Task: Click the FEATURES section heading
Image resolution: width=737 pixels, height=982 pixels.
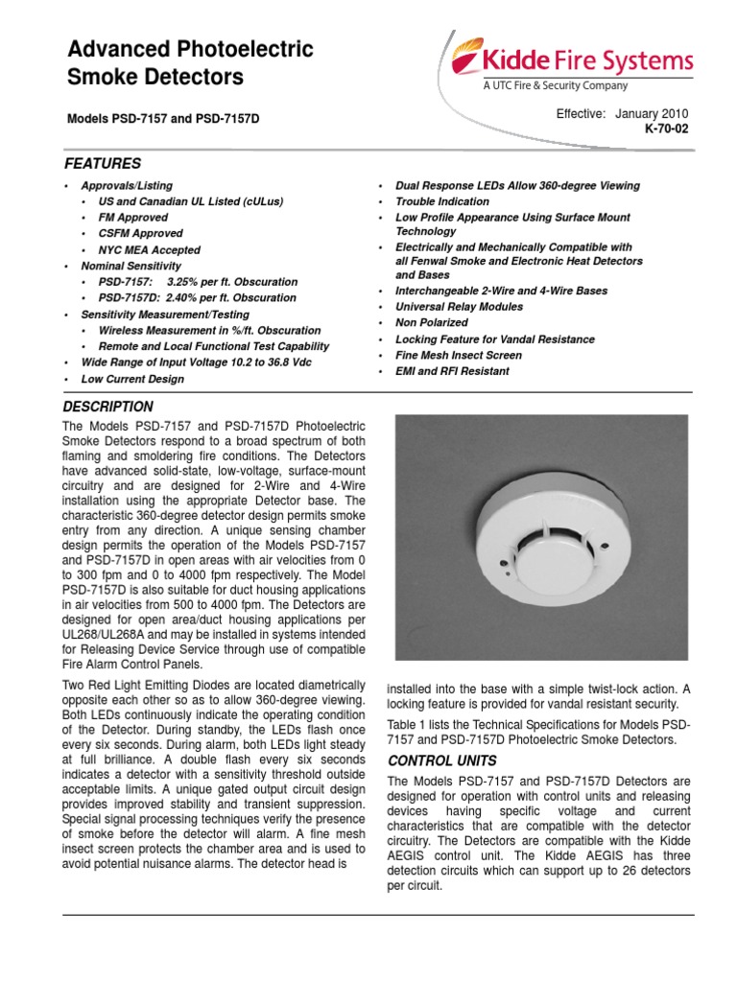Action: click(x=102, y=164)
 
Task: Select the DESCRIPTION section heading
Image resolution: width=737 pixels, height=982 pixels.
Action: click(x=107, y=407)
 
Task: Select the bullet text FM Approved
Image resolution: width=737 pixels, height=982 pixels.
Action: click(x=132, y=218)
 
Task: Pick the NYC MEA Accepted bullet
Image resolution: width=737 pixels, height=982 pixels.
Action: click(x=147, y=250)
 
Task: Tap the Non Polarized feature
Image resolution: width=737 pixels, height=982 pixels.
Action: click(x=432, y=323)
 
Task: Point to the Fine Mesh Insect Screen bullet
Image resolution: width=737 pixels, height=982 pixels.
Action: click(x=459, y=355)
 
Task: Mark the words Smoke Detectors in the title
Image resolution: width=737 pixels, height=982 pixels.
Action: click(x=155, y=77)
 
